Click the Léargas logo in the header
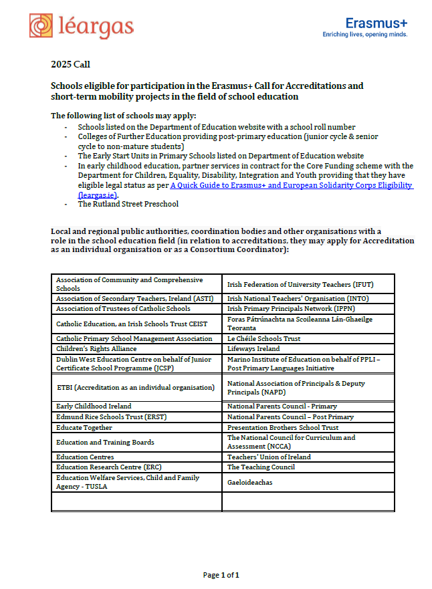(x=81, y=26)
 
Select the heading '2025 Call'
(x=70, y=65)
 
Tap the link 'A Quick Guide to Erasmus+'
(x=291, y=185)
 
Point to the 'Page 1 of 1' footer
(x=221, y=574)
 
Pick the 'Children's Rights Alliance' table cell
(x=96, y=348)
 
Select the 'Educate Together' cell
(x=84, y=427)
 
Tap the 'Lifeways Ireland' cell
(x=253, y=348)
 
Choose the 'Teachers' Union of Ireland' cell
(x=269, y=457)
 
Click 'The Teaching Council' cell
(x=261, y=467)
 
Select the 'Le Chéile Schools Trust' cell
(x=263, y=338)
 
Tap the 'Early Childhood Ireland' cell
(x=94, y=406)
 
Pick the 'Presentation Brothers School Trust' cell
(x=283, y=427)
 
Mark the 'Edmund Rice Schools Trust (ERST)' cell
(x=111, y=417)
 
